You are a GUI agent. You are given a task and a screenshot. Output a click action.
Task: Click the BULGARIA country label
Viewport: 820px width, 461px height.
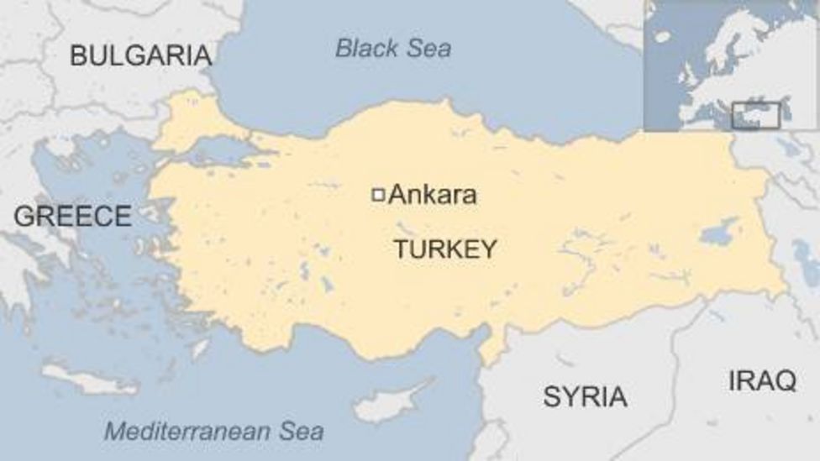point(140,55)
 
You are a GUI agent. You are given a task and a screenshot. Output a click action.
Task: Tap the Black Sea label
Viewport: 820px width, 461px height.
point(393,48)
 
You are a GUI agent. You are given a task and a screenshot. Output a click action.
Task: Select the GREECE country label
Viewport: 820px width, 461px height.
point(72,216)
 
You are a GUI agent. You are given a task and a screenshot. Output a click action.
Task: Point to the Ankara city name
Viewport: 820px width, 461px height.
point(433,195)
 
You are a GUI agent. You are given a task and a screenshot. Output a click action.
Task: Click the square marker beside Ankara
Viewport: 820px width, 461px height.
point(378,195)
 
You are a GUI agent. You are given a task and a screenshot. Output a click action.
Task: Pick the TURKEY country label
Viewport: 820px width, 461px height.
point(445,249)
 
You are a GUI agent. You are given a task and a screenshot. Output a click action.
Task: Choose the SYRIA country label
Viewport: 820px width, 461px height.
point(585,396)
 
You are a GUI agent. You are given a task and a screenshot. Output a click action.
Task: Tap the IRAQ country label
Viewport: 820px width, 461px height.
point(762,380)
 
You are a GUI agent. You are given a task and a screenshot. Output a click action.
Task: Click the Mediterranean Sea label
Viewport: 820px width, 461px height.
point(213,432)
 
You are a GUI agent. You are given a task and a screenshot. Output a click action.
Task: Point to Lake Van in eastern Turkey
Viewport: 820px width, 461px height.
point(719,232)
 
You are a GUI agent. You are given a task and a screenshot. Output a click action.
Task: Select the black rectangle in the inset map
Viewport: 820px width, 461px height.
point(755,116)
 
